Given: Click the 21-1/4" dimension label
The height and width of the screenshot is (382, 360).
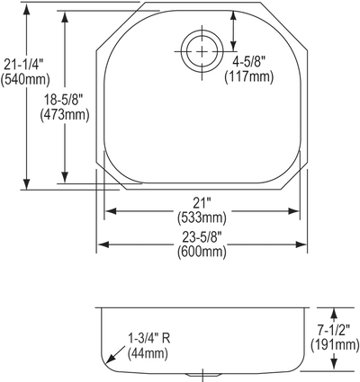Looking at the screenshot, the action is (x=23, y=65).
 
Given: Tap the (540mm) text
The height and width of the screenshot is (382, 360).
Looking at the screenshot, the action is (x=25, y=80).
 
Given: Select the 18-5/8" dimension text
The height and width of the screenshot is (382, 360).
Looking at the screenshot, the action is (x=63, y=100).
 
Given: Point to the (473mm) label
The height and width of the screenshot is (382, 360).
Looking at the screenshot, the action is (x=65, y=114).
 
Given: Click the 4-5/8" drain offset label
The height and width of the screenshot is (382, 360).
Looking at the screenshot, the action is (x=249, y=63).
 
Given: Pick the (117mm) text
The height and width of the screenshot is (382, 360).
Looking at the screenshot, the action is (x=249, y=77).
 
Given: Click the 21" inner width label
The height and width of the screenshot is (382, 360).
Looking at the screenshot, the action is (x=202, y=204).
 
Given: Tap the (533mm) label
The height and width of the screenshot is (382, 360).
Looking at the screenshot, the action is (x=202, y=218).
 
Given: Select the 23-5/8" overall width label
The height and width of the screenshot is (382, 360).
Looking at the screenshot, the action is (x=202, y=238).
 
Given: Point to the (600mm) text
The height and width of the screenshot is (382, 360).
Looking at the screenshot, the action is (x=202, y=252).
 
